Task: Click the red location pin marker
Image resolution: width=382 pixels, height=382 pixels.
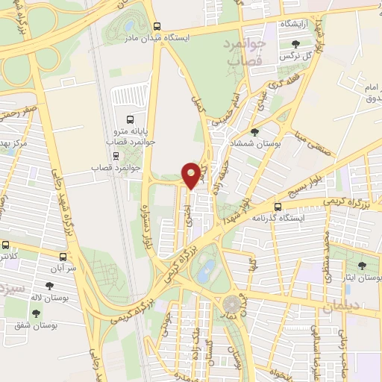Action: click(192, 175)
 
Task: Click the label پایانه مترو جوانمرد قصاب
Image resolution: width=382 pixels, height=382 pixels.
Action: click(131, 135)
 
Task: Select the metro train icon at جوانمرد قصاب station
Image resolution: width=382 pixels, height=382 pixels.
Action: click(116, 156)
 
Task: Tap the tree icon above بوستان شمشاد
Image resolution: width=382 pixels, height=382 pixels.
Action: click(256, 133)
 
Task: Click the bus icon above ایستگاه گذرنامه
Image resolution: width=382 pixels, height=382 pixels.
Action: click(278, 207)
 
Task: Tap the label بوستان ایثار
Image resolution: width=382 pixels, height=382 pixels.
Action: click(363, 278)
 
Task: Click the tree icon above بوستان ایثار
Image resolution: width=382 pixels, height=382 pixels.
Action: click(363, 266)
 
